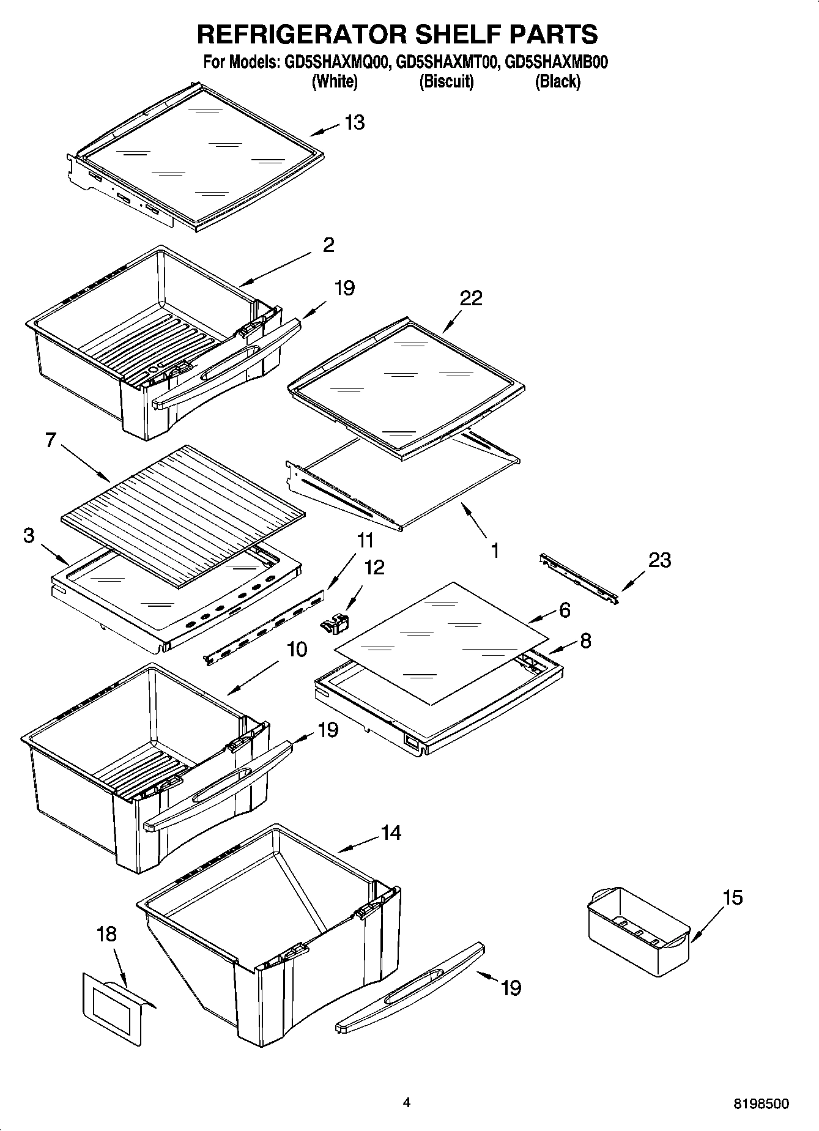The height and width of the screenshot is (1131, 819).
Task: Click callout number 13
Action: (354, 122)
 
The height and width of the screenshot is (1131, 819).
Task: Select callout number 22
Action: (472, 298)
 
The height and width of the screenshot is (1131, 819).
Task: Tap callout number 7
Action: (51, 439)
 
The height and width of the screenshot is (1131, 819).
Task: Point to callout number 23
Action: (659, 560)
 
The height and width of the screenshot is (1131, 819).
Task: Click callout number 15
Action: (732, 897)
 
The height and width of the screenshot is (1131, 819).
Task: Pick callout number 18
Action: (106, 934)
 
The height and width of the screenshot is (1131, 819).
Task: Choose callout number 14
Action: (391, 832)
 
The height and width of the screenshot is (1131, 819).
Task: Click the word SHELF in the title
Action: (458, 34)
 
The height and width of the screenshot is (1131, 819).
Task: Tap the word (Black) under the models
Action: (557, 81)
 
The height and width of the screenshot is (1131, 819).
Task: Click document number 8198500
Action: (761, 1104)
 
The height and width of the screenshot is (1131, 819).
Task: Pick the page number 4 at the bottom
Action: (407, 1102)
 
